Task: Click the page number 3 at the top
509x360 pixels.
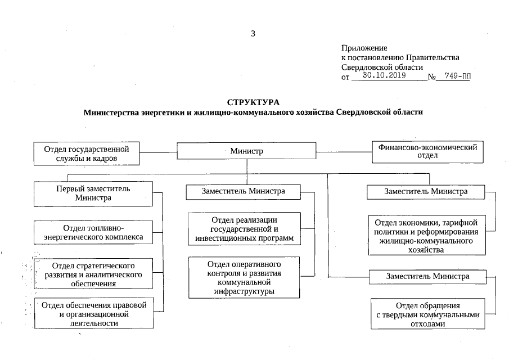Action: (x=253, y=34)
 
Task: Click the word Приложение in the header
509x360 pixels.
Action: (x=364, y=48)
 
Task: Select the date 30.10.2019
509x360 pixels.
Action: (x=384, y=75)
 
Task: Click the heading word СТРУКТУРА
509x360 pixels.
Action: (x=253, y=102)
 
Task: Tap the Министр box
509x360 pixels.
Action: (x=246, y=151)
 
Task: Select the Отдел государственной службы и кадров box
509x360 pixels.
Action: (x=87, y=154)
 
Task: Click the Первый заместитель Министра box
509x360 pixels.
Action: (x=93, y=193)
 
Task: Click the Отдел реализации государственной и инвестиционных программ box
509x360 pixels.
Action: (x=245, y=229)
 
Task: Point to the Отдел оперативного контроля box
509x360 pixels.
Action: (x=245, y=278)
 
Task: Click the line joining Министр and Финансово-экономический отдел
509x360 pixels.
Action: (x=344, y=151)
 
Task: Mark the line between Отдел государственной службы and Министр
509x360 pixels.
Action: (x=159, y=151)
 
